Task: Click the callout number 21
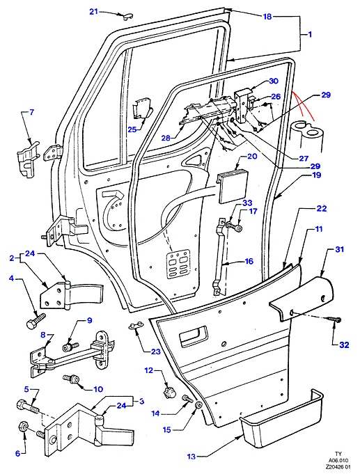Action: (x=94, y=12)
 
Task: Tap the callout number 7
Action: (x=31, y=113)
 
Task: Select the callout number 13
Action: (x=191, y=456)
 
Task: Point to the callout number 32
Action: (x=344, y=345)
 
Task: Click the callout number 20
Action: (x=252, y=157)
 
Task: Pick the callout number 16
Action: (x=249, y=261)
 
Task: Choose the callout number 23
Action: (x=156, y=351)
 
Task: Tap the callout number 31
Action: (x=340, y=249)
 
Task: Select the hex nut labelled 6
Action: (x=24, y=427)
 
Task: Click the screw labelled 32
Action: (x=334, y=319)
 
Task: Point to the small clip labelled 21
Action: (x=127, y=16)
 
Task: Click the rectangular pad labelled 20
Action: (x=232, y=187)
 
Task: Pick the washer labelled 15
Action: (x=199, y=405)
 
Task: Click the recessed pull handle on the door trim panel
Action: (x=193, y=336)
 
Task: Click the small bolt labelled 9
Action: (x=70, y=347)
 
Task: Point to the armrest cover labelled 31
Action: (x=302, y=297)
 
